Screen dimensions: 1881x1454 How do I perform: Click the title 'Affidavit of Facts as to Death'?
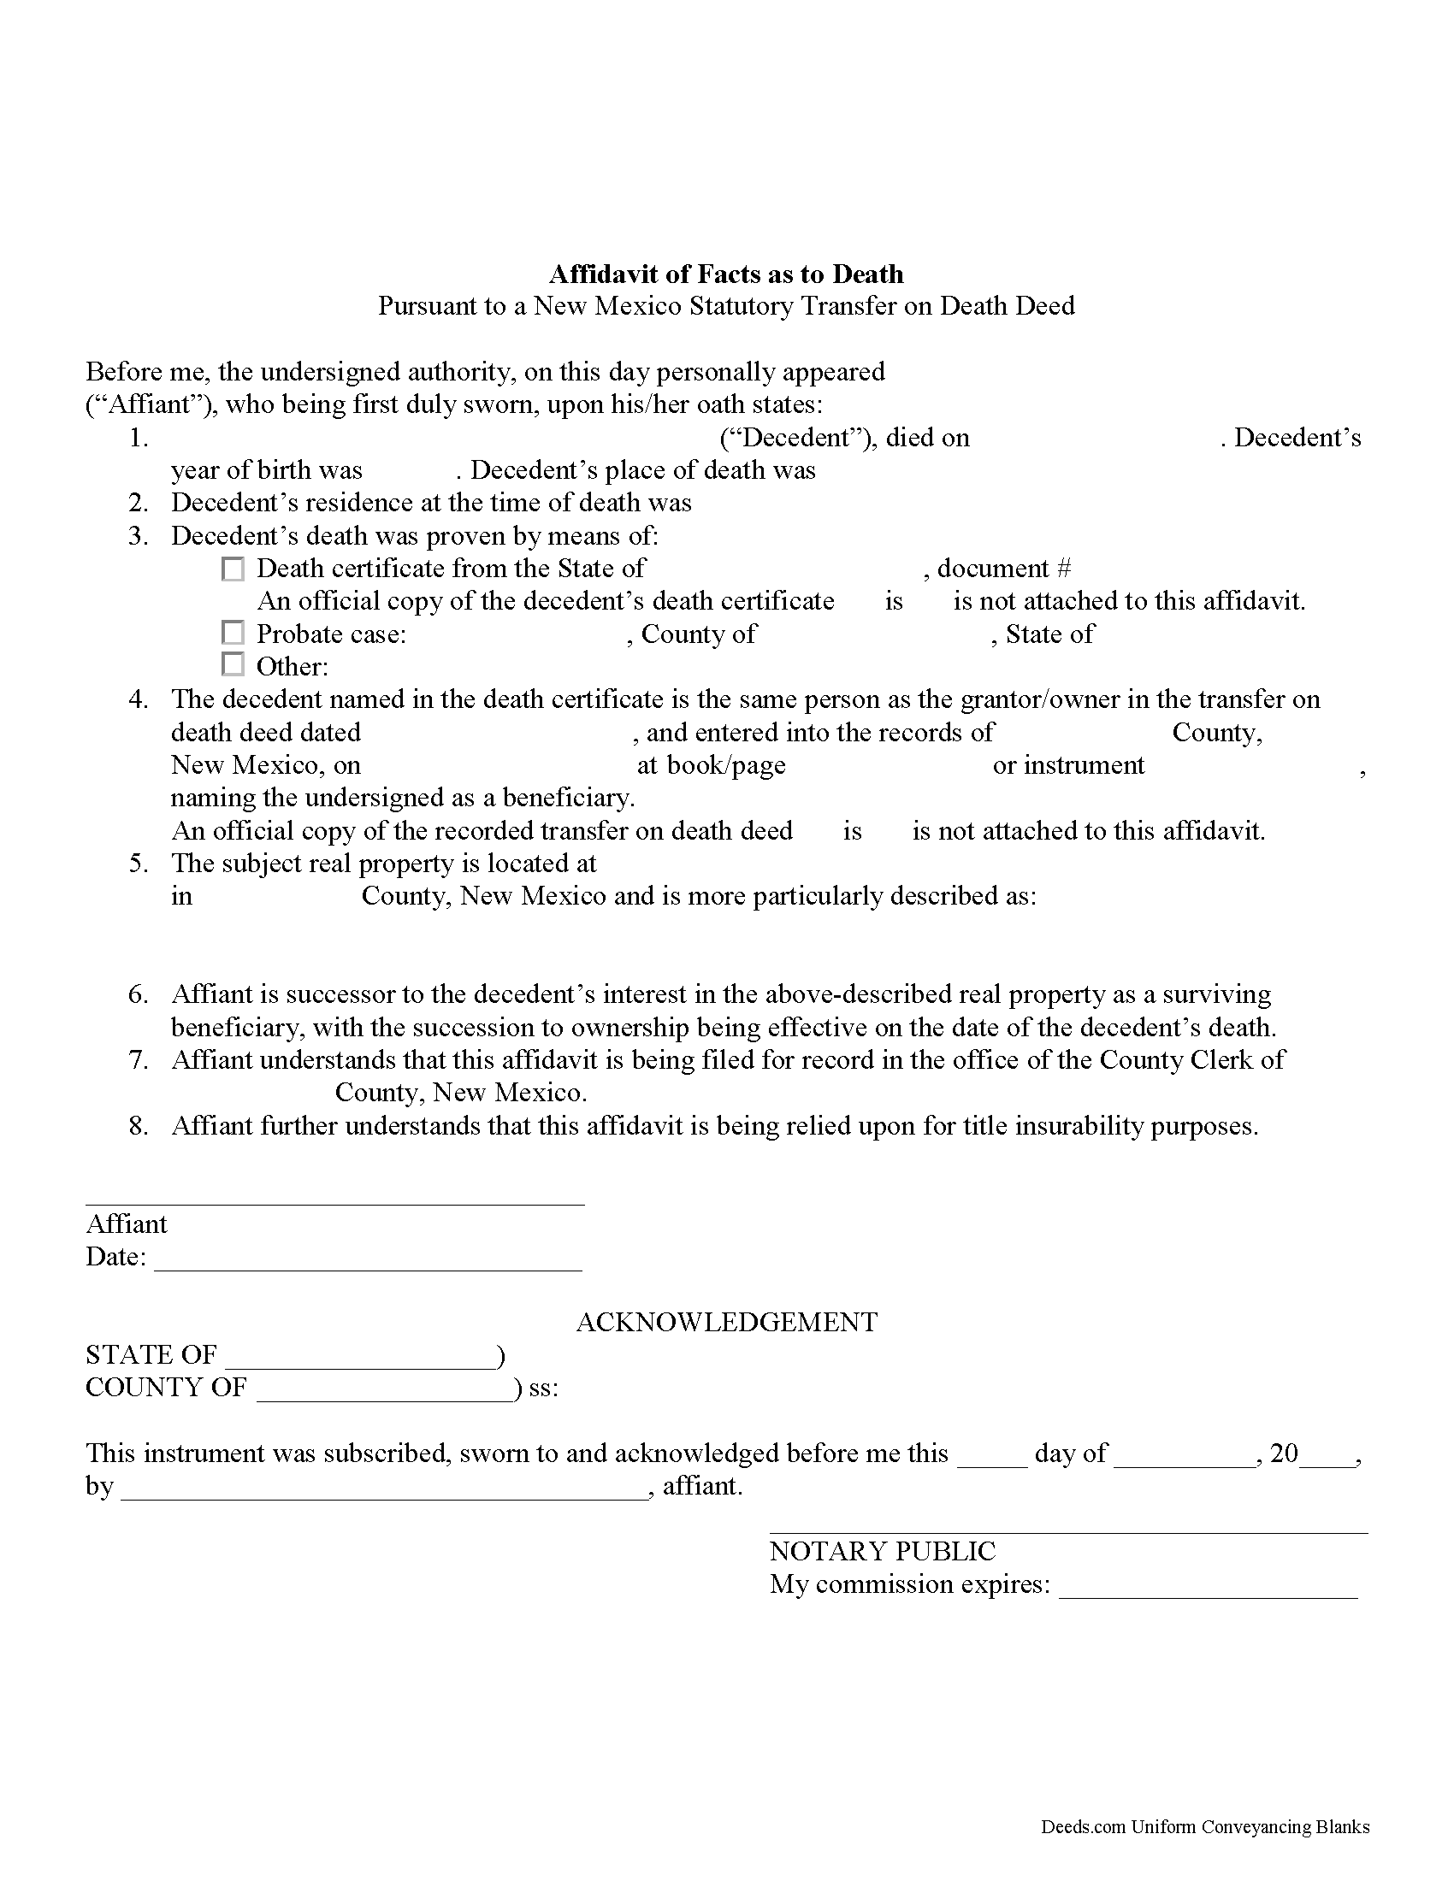(x=726, y=274)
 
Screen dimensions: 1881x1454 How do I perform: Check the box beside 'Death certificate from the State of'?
(x=233, y=569)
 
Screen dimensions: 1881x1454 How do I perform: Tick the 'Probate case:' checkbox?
(x=233, y=634)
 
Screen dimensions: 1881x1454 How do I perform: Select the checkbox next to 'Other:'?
(x=233, y=665)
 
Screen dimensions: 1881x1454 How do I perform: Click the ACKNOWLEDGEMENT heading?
(x=726, y=1322)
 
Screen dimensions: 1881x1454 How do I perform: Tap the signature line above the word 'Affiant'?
(x=334, y=1203)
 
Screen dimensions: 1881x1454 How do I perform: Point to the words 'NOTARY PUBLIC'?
(x=882, y=1551)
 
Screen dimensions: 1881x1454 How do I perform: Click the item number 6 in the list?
(x=139, y=994)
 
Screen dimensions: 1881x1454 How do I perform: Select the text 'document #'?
(x=1003, y=569)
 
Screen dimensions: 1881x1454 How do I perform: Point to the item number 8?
(x=139, y=1126)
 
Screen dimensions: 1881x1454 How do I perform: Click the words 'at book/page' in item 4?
(x=711, y=765)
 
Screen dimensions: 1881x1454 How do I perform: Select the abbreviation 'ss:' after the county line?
(x=543, y=1389)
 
